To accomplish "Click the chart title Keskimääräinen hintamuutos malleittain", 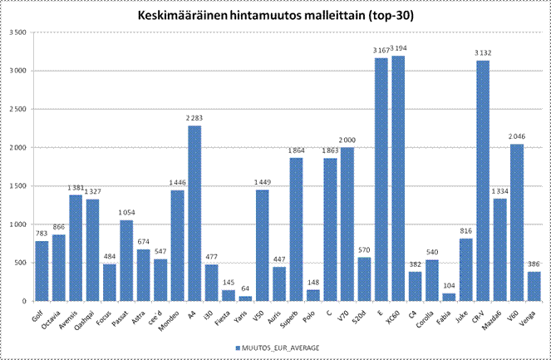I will coord(276,15).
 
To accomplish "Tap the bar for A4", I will coord(194,214).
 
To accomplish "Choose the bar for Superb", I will coord(296,229).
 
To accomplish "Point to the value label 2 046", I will coord(516,137).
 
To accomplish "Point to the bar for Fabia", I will coord(449,297).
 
